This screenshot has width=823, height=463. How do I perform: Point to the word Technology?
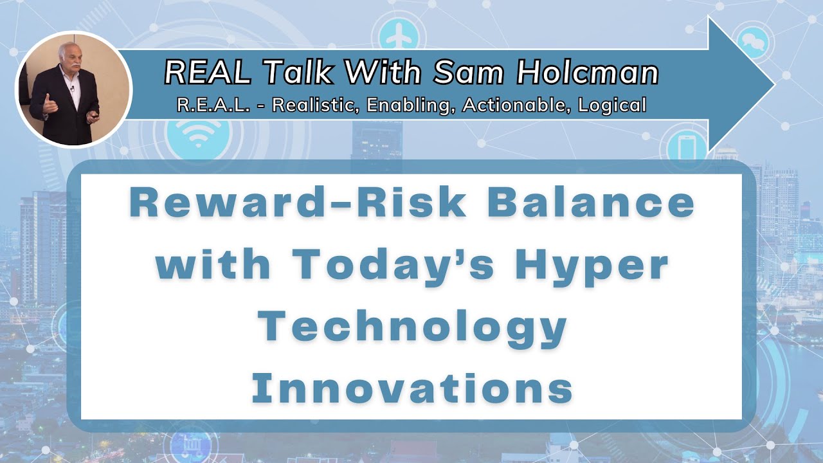(411, 327)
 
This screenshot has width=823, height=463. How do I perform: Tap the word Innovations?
(411, 388)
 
